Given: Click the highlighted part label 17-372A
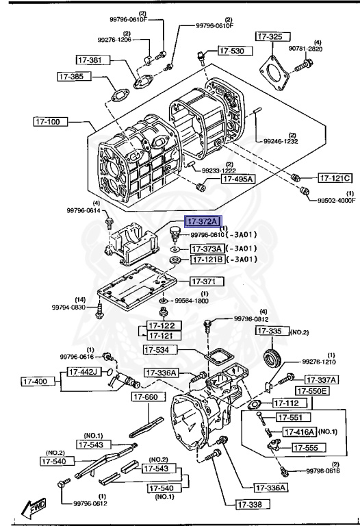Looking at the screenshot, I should [202, 221].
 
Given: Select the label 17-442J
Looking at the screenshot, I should [85, 372].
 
